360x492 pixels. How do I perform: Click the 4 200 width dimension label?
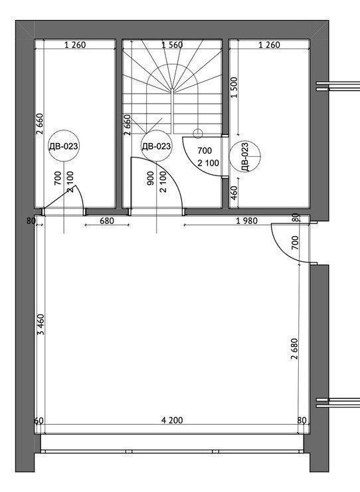[172, 420]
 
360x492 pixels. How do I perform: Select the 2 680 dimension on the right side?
[294, 349]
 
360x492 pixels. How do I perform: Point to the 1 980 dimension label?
[247, 221]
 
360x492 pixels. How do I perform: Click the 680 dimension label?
[107, 221]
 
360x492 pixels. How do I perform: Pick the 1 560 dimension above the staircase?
[172, 45]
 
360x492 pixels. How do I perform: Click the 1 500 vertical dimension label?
[234, 88]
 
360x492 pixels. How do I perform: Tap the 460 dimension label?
[234, 193]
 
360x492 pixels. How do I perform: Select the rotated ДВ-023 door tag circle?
[245, 156]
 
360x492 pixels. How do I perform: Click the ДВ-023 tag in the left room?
[64, 146]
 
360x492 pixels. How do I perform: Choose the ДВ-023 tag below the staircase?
[156, 146]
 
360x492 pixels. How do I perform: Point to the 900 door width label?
[151, 178]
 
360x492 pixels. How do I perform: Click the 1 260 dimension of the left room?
[75, 45]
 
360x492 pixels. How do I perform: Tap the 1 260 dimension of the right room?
[269, 45]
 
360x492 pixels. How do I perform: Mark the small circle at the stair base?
[198, 134]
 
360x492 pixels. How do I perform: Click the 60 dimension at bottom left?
[39, 420]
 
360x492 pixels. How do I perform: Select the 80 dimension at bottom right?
[302, 420]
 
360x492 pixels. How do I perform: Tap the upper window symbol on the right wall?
[337, 86]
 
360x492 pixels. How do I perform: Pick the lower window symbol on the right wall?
[337, 402]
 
